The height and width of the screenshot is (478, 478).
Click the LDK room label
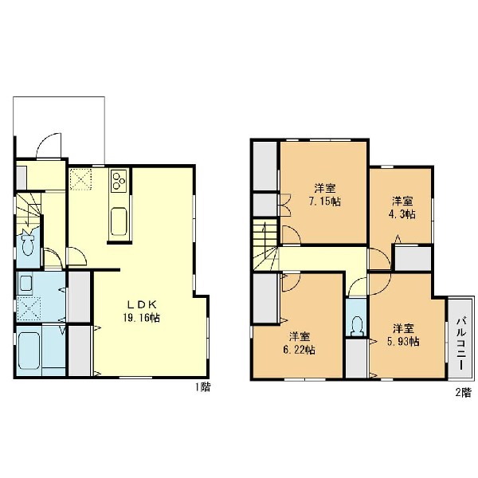(142, 304)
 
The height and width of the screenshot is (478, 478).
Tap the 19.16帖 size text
(142, 318)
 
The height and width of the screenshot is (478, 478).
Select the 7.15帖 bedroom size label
(325, 202)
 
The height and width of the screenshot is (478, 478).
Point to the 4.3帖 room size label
(402, 214)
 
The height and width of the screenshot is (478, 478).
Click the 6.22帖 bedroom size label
(300, 350)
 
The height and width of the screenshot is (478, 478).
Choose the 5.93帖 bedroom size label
(403, 342)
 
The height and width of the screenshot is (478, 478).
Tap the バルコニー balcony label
(460, 343)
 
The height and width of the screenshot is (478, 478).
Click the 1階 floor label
(202, 387)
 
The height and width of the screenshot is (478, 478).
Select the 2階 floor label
(464, 392)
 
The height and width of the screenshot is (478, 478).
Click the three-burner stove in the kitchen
(119, 181)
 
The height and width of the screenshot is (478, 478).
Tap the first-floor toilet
(28, 243)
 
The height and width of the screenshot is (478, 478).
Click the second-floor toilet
(357, 326)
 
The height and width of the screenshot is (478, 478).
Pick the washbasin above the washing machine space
(25, 283)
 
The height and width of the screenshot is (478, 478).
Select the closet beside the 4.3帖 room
(413, 259)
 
